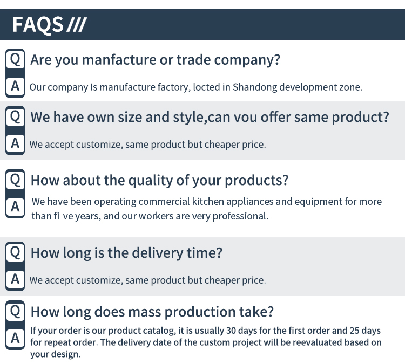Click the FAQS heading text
38,24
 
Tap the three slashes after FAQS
77,25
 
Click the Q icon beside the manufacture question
15,59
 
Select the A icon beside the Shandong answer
15,86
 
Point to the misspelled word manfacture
119,60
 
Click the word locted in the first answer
206,87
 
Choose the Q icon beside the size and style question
15,116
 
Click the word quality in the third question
151,180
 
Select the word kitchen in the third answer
208,202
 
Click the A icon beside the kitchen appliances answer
15,207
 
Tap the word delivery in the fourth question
158,253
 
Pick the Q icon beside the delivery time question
15,252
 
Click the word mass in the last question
145,312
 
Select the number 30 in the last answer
231,331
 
